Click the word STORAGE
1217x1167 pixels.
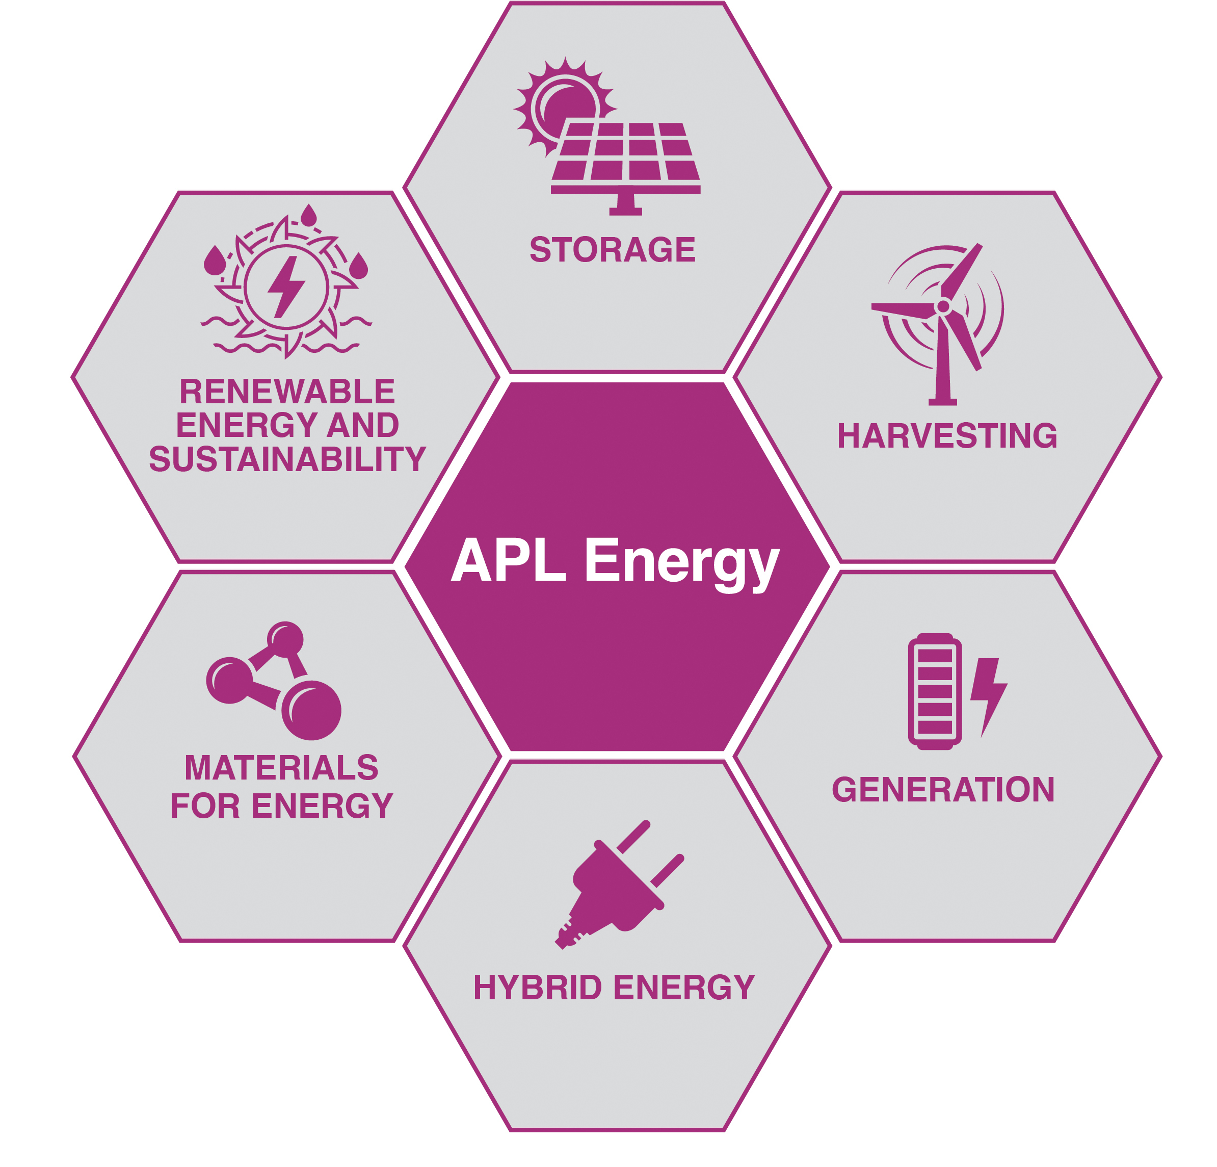pos(612,250)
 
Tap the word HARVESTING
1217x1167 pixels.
pos(947,436)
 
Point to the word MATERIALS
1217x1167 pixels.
pos(281,768)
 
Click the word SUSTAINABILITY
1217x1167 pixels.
pos(287,459)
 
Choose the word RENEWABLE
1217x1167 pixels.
pos(287,392)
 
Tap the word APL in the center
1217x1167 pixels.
pos(509,560)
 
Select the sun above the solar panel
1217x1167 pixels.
pos(562,103)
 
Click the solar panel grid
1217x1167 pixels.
pos(626,152)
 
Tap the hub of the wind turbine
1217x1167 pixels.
pos(942,306)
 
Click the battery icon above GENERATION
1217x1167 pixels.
pos(935,691)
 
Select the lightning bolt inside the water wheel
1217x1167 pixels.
pos(286,287)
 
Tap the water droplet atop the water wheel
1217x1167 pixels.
pos(309,216)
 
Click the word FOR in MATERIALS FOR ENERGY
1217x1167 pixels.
pos(205,806)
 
